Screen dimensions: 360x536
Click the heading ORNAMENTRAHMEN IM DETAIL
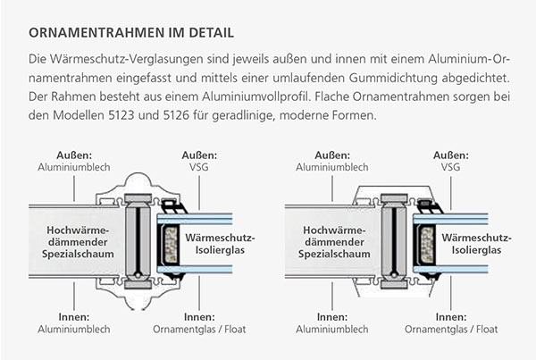click(131, 33)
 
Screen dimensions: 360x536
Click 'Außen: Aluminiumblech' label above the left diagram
click(73, 160)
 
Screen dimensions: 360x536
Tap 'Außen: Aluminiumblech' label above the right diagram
click(332, 160)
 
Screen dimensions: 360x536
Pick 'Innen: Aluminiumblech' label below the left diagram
click(73, 322)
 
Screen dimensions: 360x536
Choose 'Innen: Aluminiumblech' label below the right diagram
click(332, 322)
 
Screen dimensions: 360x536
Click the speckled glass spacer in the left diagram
click(169, 242)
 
